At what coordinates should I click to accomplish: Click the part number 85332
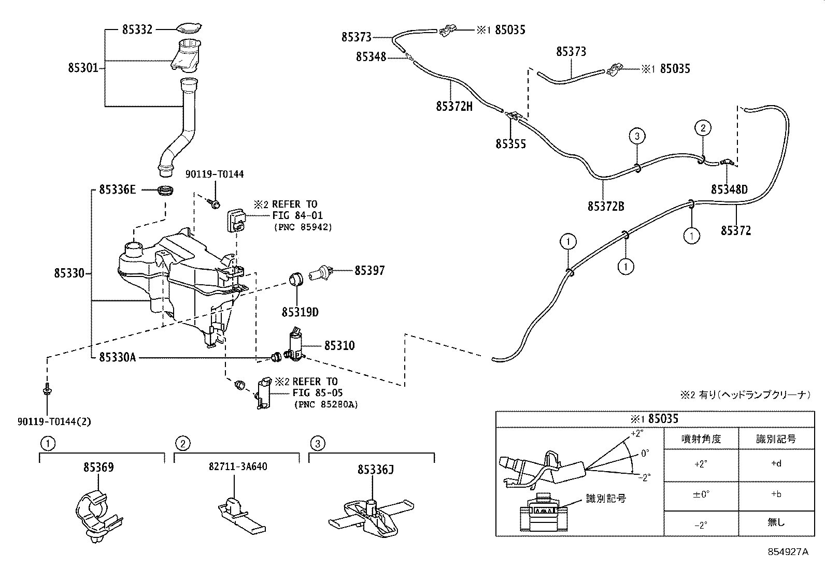[137, 30]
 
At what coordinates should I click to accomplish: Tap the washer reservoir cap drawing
[189, 28]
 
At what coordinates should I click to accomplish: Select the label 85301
[83, 68]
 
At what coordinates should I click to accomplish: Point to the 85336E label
[118, 189]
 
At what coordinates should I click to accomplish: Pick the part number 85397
[369, 270]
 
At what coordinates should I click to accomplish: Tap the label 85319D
[300, 312]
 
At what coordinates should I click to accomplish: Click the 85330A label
[118, 357]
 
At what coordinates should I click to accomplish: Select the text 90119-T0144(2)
[54, 421]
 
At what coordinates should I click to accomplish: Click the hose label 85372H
[454, 106]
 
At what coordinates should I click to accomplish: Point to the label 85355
[510, 144]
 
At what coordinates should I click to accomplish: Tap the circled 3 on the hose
[637, 136]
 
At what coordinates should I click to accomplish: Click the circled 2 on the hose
[703, 128]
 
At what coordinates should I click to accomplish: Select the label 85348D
[729, 189]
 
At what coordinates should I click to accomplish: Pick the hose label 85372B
[606, 207]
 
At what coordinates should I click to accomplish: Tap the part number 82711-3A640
[238, 466]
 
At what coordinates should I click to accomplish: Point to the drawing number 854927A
[788, 552]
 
